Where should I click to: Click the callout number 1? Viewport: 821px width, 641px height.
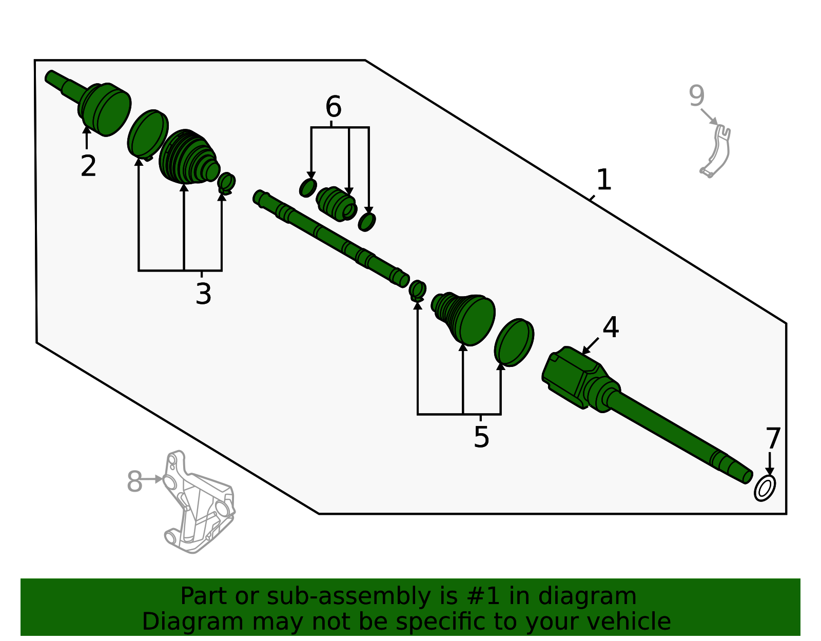(603, 180)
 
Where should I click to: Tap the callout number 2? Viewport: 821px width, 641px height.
(88, 165)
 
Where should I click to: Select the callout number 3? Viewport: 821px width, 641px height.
(203, 294)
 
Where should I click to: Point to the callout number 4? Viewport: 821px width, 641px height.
(611, 327)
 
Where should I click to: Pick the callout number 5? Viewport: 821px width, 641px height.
(481, 437)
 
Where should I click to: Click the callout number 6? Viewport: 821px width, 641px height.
(333, 107)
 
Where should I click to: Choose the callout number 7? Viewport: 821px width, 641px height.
(773, 438)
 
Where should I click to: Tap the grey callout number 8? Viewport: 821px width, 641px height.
(134, 481)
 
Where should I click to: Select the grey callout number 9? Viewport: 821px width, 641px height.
(697, 96)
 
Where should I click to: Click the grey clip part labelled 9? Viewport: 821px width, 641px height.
(716, 151)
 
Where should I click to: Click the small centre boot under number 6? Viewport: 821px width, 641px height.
(336, 204)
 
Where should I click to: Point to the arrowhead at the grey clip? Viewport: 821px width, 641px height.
(714, 122)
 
